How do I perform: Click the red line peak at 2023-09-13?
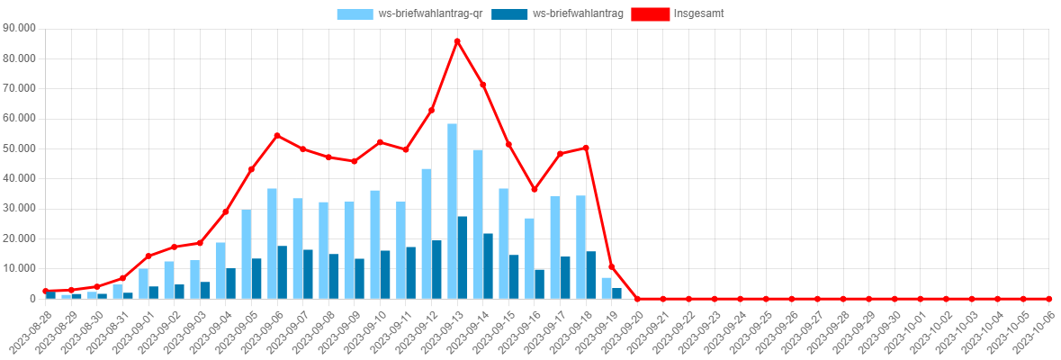coord(457,40)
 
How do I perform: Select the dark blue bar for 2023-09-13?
coord(463,256)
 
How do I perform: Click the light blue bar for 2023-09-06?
coord(272,243)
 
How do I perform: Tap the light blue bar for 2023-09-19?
coord(607,287)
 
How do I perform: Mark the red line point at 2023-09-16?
coord(535,189)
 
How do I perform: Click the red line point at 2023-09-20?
coord(637,298)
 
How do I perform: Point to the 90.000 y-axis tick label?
coord(19,28)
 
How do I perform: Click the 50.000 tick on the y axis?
coord(19,148)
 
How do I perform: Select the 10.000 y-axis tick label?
coord(19,268)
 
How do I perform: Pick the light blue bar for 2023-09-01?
coord(143,283)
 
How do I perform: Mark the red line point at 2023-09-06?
coord(277,135)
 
